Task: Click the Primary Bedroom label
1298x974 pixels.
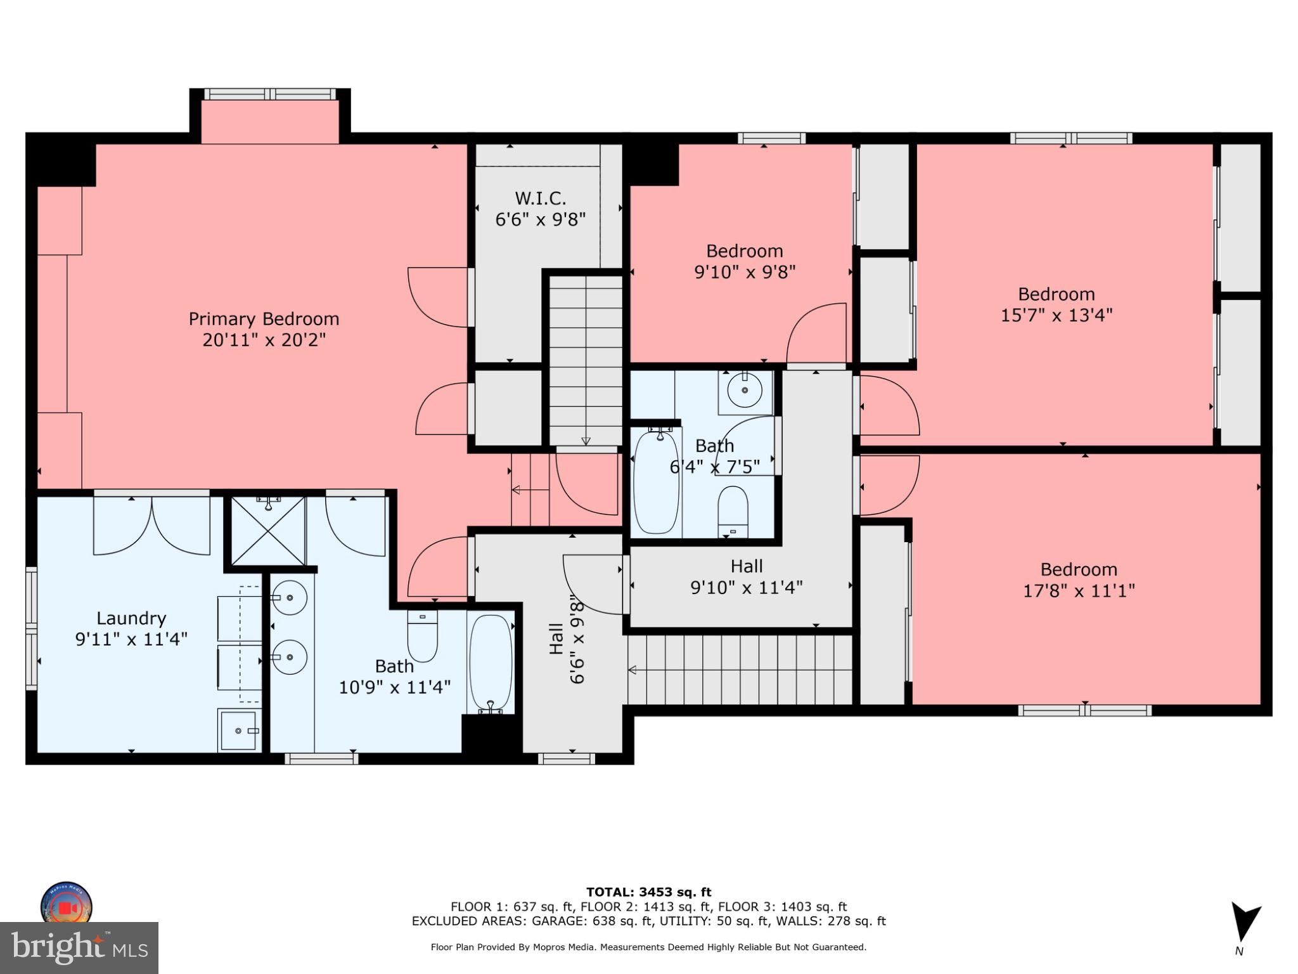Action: point(264,318)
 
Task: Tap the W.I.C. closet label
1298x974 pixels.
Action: point(540,198)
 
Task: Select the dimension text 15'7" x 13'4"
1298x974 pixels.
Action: point(1056,315)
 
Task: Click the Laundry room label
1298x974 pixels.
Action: point(131,618)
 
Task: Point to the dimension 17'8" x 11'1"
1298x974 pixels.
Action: point(1079,590)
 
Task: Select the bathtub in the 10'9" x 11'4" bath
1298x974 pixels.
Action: point(491,663)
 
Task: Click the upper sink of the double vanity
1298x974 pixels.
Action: point(290,597)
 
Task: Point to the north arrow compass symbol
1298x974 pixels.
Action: point(1243,923)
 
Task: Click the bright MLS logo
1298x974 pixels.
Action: point(79,947)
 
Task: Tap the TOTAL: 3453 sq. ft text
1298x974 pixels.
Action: point(648,892)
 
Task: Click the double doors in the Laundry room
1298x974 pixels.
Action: point(151,526)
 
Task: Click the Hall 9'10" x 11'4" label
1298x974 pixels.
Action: point(746,576)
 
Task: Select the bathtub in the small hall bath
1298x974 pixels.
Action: point(656,482)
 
